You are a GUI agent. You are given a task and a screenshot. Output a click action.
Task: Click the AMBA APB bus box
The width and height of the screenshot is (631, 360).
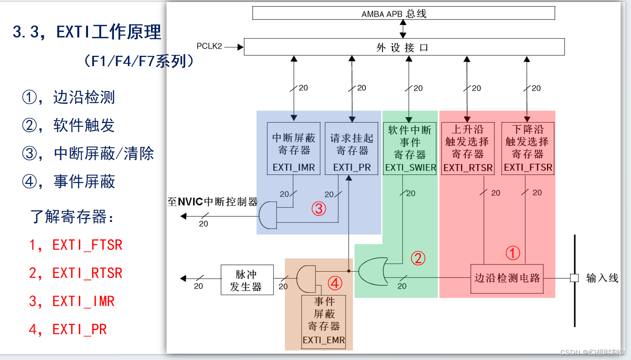pos(403,13)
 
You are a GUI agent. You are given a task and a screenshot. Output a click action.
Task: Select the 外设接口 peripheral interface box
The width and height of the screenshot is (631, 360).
pos(404,47)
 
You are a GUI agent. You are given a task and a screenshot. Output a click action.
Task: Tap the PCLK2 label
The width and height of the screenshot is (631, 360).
pos(209,46)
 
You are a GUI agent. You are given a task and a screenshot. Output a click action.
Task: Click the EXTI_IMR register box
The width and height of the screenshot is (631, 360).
pos(294,149)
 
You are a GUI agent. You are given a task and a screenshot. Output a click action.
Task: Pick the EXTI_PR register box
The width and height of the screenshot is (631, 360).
pos(351,149)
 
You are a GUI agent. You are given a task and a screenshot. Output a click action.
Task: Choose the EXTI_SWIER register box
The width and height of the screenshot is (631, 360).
pos(410,149)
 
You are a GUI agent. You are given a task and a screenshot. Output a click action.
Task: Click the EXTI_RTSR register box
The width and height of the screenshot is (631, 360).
pos(468,149)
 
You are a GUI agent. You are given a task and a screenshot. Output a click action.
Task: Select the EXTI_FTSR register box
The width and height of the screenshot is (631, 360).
pos(527,149)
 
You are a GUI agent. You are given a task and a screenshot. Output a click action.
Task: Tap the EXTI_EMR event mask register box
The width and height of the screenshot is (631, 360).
pos(323,322)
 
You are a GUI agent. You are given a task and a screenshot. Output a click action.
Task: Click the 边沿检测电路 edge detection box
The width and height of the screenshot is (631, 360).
pos(507,278)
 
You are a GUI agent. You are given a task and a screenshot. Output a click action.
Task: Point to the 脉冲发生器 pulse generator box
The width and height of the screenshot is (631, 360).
pos(247,280)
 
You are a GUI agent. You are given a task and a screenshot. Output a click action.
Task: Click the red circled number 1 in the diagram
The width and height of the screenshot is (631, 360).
pos(513,253)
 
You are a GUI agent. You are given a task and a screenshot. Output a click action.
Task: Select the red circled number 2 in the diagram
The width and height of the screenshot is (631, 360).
pos(418,258)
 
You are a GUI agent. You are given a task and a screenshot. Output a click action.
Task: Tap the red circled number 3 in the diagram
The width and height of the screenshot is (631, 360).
pos(319,208)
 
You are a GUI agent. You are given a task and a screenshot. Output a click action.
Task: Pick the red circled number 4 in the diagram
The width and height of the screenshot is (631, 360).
pos(335,283)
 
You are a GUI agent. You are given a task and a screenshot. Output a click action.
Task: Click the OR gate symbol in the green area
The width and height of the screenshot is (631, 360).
pos(373,272)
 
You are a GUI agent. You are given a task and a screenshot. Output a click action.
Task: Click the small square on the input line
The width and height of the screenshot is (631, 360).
pos(574,278)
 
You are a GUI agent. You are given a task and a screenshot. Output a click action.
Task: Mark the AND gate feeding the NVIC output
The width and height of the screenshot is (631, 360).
pos(268,215)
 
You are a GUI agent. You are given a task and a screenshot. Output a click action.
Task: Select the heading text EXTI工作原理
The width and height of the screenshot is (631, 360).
pos(108,32)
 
